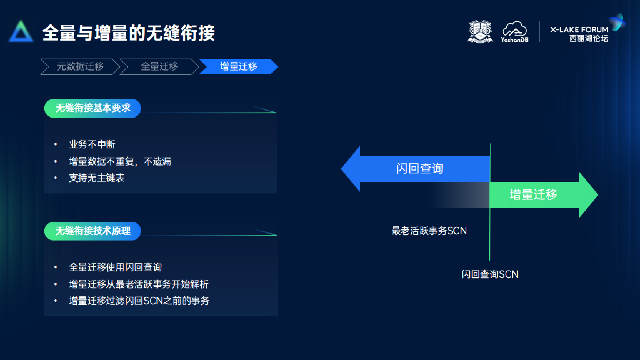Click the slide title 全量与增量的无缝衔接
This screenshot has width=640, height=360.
click(129, 33)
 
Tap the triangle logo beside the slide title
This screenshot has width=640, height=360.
click(21, 32)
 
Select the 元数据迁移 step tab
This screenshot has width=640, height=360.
click(79, 66)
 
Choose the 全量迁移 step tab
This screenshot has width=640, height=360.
click(159, 66)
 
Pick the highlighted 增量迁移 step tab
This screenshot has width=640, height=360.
click(238, 66)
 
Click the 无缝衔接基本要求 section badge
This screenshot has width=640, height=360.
click(92, 108)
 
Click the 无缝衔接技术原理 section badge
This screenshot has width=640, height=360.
click(92, 231)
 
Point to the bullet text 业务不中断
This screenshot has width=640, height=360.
click(92, 144)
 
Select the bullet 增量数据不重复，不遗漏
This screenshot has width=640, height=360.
click(120, 161)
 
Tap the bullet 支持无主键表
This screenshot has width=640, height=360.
click(97, 178)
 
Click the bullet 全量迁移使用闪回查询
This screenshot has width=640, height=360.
click(116, 267)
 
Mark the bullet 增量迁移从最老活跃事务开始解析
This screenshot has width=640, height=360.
click(139, 284)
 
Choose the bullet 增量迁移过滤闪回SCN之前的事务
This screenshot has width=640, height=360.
click(139, 301)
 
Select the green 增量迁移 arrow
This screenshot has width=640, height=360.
click(537, 194)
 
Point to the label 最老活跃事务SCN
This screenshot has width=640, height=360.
click(429, 231)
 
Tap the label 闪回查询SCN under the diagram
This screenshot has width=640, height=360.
click(490, 274)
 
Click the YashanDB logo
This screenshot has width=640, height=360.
click(516, 32)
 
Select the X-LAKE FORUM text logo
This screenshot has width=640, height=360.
click(579, 32)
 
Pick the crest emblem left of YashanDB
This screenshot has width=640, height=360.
click(481, 32)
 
